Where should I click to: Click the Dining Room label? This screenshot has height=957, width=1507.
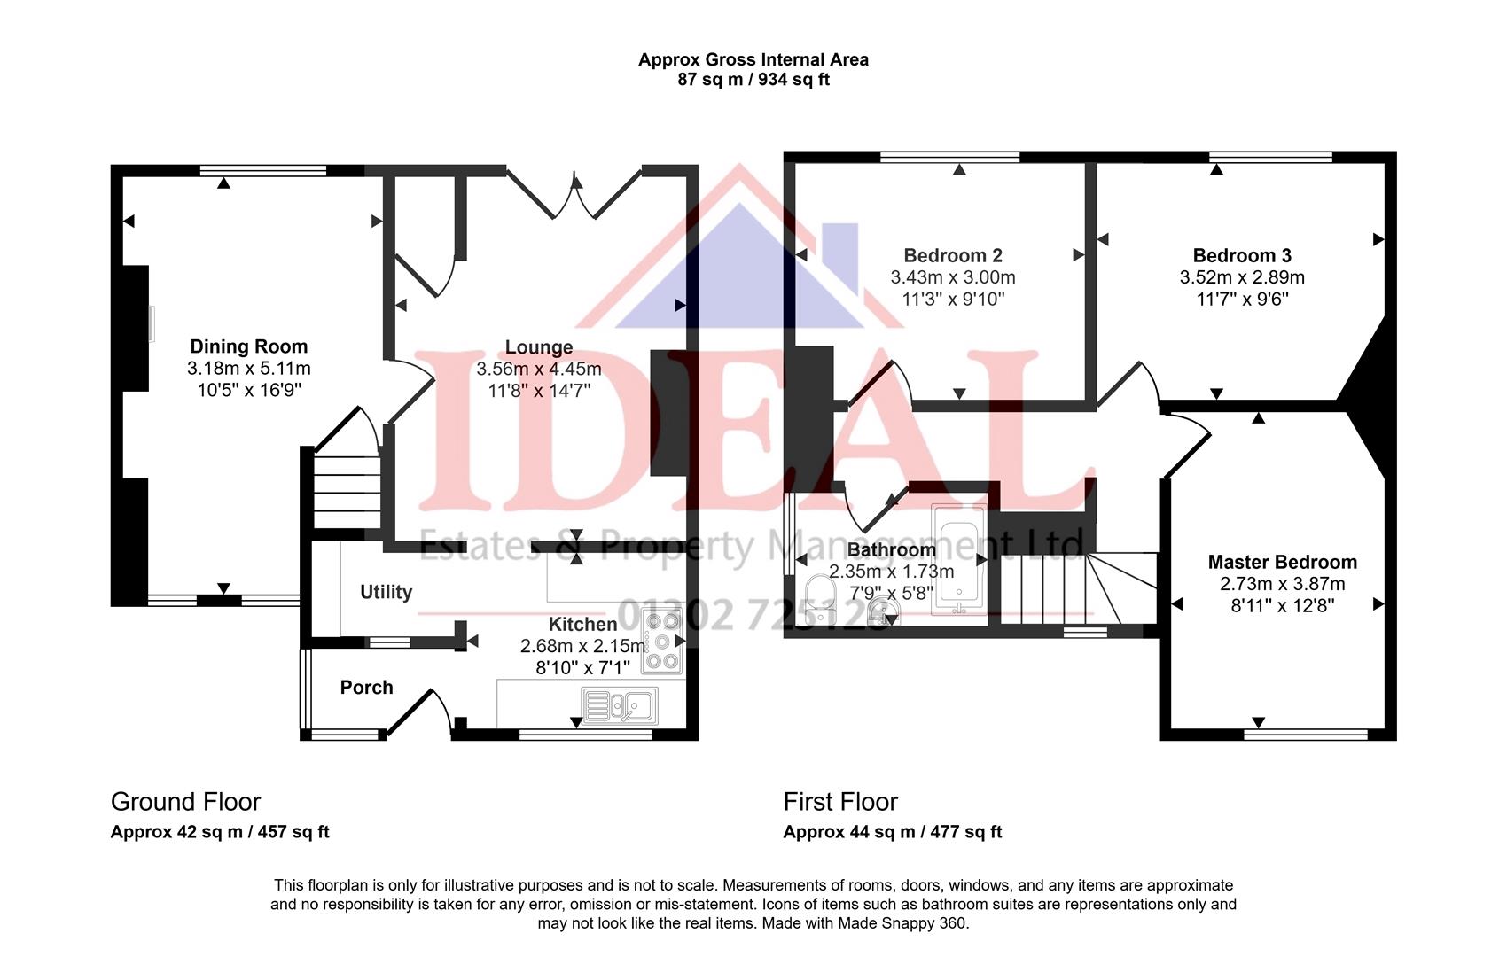click(x=249, y=346)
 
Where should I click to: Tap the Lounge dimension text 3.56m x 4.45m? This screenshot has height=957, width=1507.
click(x=538, y=369)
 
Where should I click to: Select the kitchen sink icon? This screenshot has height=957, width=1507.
click(x=620, y=706)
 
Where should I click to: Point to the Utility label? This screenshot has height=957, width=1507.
click(x=386, y=592)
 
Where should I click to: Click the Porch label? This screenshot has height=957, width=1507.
click(x=366, y=688)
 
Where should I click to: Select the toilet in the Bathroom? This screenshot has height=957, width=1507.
click(x=820, y=593)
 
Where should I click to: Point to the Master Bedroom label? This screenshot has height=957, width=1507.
click(x=1282, y=562)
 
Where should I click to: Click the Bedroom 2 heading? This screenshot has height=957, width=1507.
click(x=953, y=256)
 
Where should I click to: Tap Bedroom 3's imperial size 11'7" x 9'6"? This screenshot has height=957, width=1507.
click(x=1242, y=300)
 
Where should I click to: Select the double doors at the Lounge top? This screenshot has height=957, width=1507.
click(x=574, y=195)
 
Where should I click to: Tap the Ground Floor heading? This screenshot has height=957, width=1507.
click(x=185, y=802)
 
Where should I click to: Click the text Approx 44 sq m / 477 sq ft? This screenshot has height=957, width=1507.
click(x=892, y=832)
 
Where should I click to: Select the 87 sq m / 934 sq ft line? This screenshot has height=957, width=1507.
click(x=753, y=80)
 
